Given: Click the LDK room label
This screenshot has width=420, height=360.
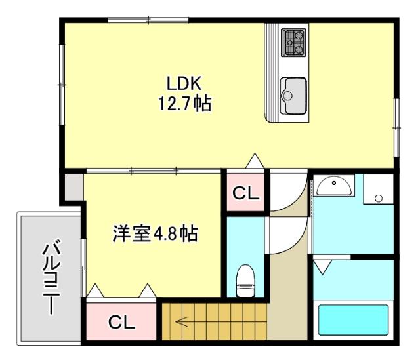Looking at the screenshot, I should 187,83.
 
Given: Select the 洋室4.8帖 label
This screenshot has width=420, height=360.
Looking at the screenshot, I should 156,233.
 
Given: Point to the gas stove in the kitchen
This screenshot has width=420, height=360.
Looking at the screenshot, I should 293,43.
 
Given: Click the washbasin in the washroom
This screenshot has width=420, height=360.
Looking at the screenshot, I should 335,188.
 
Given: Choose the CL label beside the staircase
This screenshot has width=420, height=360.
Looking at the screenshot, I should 121,322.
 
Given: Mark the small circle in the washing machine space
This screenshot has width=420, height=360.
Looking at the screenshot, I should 378,197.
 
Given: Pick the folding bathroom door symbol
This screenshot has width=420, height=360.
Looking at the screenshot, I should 322,266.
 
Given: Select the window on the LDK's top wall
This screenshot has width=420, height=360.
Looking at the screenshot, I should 148,20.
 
